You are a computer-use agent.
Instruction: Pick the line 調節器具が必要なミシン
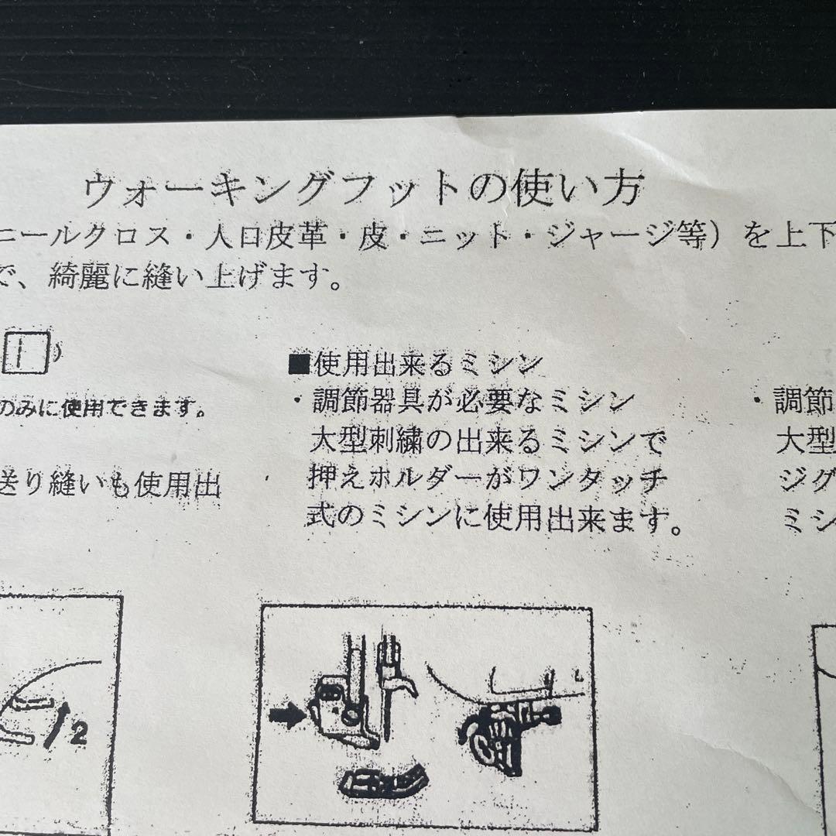pyautogui.click(x=472, y=403)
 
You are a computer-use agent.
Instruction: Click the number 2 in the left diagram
pyautogui.click(x=78, y=734)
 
